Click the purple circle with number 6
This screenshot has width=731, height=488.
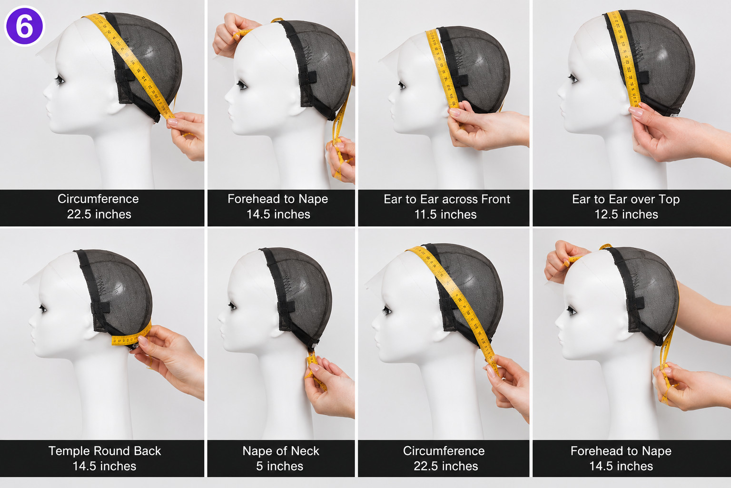pos(24,26)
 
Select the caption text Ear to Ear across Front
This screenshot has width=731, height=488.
pos(447,199)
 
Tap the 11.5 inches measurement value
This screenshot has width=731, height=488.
pos(445,214)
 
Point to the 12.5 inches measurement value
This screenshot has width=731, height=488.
pos(626,214)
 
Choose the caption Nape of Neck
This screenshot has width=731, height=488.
pos(281,451)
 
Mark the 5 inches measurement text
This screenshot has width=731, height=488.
pos(280,466)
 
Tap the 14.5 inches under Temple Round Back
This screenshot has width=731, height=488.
pos(104,466)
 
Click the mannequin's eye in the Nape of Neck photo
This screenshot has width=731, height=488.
pos(232,306)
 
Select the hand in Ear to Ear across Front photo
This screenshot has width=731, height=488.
pos(486,126)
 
